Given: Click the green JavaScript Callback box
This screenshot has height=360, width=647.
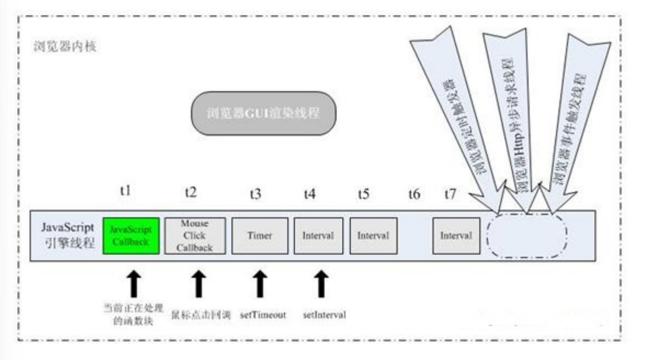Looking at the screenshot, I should point(131,235).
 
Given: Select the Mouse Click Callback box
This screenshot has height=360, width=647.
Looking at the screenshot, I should point(195,235).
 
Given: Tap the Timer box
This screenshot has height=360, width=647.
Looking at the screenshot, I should point(260,236).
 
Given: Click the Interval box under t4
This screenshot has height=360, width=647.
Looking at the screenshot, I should point(318,236).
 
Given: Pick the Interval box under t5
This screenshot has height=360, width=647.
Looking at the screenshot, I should point(373,236).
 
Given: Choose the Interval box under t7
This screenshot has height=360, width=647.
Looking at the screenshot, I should point(456,236).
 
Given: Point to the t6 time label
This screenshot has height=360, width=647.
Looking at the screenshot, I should point(414,193).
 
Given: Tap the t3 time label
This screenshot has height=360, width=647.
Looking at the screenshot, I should point(255,193).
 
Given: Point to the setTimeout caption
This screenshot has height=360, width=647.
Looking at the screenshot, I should point(263,316).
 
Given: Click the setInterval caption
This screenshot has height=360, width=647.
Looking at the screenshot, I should point(324,316).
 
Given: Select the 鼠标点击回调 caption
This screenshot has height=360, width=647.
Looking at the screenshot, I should point(205,316).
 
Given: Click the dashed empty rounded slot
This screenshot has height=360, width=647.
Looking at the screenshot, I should point(526,236).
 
